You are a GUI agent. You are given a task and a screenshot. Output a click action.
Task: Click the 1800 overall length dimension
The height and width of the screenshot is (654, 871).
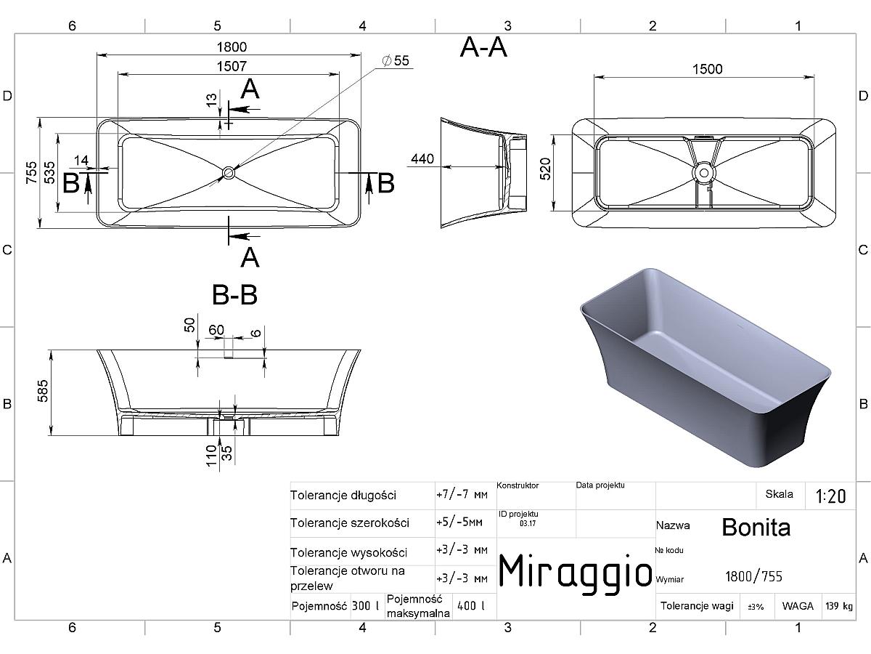click(x=232, y=47)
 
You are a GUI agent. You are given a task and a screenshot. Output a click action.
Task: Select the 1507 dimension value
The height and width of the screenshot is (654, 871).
click(x=232, y=66)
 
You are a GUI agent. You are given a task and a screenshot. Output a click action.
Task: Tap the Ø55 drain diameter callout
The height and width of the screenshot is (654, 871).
click(x=396, y=61)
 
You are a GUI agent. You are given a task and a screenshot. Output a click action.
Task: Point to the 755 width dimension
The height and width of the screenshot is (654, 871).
click(x=31, y=173)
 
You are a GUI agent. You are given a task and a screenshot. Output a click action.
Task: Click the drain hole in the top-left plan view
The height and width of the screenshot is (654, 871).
click(x=229, y=173)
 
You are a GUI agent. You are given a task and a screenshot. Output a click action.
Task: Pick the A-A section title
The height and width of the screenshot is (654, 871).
click(x=483, y=48)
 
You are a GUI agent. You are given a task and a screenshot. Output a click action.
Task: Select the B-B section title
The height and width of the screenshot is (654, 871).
click(x=235, y=295)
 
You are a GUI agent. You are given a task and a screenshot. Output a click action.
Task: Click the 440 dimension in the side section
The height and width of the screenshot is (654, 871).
click(x=422, y=159)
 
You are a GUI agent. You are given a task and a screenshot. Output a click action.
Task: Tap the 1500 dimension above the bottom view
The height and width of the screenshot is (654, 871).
click(x=708, y=70)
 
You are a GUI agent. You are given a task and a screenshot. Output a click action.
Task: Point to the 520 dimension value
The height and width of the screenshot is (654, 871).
click(x=546, y=169)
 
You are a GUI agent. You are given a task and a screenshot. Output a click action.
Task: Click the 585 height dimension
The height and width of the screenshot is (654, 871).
click(x=43, y=391)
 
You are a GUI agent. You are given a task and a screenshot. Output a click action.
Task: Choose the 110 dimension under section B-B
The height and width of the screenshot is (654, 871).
click(x=211, y=456)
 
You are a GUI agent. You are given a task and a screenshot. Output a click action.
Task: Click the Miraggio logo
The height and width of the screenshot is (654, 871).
click(x=576, y=573)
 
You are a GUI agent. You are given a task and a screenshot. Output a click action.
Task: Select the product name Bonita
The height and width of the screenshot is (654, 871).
click(x=756, y=528)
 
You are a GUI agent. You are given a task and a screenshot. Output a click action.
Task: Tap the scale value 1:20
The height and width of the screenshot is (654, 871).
click(x=831, y=496)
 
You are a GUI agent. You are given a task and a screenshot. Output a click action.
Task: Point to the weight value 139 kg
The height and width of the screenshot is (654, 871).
click(x=839, y=606)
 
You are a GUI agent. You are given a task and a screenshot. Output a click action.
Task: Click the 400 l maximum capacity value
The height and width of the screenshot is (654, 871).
click(x=471, y=606)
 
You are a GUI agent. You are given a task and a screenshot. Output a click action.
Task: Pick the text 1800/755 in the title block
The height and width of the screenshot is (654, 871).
click(x=754, y=576)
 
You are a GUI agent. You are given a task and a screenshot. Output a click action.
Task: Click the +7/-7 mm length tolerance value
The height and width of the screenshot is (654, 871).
click(x=462, y=495)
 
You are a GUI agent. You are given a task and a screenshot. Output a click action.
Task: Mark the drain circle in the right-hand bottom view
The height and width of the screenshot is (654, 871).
click(x=704, y=173)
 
